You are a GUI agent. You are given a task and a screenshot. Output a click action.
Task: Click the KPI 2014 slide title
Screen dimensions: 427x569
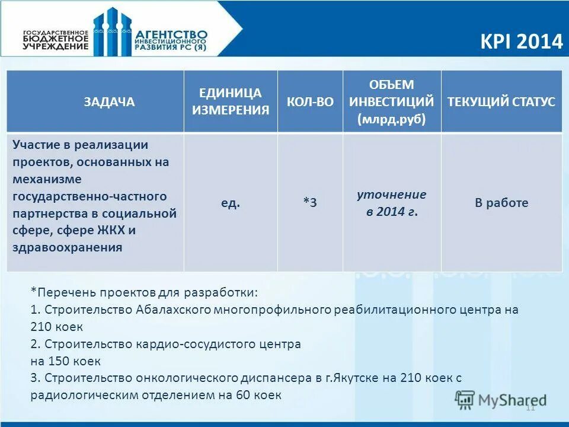tap(521, 42)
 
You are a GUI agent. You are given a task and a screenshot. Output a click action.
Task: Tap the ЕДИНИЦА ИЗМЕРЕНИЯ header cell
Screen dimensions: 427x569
tap(230, 101)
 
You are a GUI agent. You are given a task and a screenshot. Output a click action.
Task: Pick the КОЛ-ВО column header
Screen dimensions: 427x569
tap(310, 102)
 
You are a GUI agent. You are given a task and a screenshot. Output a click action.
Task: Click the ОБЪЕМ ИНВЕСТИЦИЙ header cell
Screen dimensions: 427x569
tap(391, 101)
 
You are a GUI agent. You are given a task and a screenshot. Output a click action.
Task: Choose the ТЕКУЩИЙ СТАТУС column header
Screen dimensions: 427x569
tap(501, 101)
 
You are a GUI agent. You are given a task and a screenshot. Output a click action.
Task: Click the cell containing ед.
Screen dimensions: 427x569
tap(231, 203)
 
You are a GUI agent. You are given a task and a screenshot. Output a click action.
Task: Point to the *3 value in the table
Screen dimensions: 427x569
tap(310, 203)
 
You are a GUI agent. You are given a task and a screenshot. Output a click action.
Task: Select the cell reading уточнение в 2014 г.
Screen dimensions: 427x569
tap(391, 203)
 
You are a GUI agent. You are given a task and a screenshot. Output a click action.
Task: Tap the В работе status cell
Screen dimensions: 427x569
tap(501, 203)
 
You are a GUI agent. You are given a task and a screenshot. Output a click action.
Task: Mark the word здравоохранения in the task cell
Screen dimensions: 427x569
tap(68, 247)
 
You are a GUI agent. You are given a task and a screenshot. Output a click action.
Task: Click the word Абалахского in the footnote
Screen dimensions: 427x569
tap(172, 310)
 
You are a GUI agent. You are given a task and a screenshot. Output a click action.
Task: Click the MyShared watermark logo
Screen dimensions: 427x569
tap(501, 400)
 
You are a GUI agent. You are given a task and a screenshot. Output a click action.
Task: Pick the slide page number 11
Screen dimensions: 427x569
tap(530, 407)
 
